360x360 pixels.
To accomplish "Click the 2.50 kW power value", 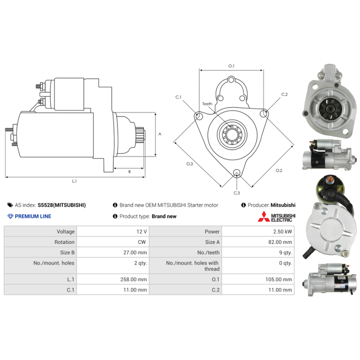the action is (283, 231).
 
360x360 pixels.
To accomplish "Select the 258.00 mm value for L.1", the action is (133, 279).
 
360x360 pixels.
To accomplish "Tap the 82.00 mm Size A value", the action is (280, 242).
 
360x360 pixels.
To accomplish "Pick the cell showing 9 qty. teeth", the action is (285, 252).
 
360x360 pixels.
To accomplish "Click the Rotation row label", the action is (64, 242).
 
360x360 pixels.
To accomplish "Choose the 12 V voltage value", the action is (141, 231).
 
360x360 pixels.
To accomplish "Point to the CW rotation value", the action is (142, 242).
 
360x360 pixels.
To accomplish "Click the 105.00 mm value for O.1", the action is (279, 279).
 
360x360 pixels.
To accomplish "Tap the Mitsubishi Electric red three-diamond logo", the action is (264, 216).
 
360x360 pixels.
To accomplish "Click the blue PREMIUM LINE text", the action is (33, 216).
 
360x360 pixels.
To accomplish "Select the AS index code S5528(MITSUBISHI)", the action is (62, 205).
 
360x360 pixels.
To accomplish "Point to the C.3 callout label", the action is (237, 193).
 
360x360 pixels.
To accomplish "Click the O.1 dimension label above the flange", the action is (231, 66).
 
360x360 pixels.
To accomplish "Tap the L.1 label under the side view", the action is (74, 181).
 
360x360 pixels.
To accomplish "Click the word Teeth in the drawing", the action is (207, 104).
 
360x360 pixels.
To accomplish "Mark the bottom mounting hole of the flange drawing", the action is (237, 173).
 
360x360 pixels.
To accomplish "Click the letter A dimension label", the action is (160, 134).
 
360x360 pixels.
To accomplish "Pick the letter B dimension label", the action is (130, 171).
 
